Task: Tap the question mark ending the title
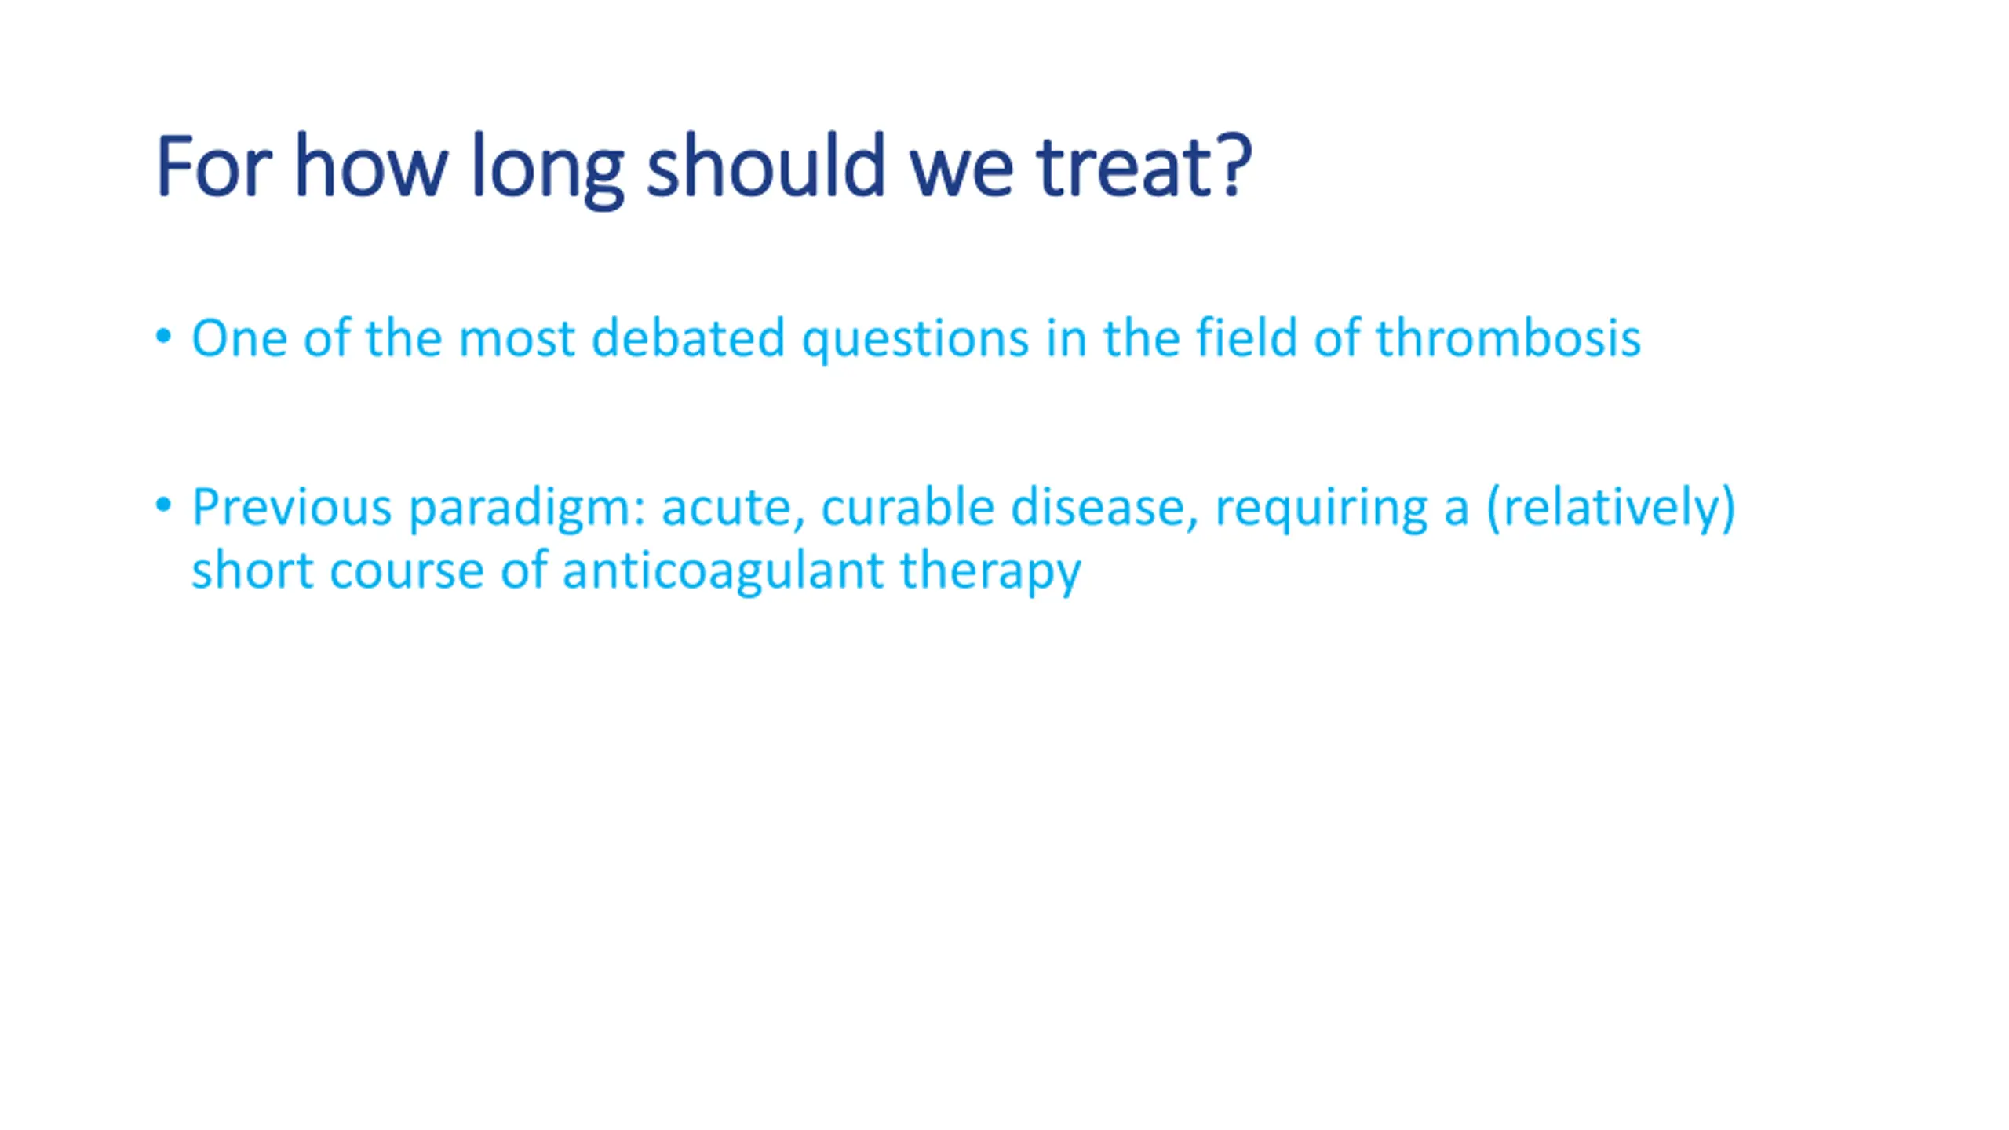pos(1231,165)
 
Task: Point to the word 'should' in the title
pos(766,164)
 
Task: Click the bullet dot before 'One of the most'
pos(163,337)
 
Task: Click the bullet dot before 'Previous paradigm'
pos(163,505)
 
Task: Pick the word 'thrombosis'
pos(1508,337)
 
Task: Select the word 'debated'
pos(687,337)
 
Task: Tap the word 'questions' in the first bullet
pos(915,341)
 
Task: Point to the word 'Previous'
pos(291,506)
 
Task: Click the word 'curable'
pos(907,506)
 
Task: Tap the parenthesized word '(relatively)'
pos(1610,508)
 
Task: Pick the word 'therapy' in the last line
pos(990,572)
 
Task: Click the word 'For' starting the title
pos(213,166)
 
